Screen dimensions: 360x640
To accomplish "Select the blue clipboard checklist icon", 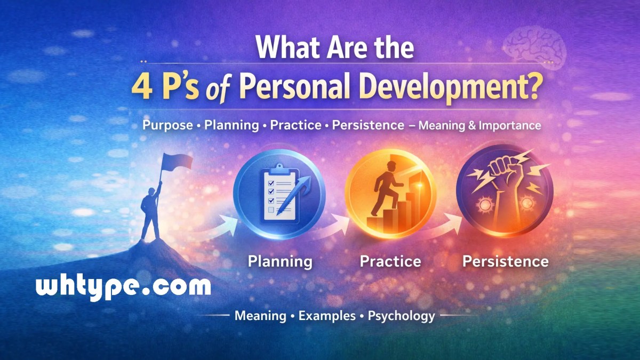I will tap(279, 192).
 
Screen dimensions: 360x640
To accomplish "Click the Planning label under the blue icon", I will tap(280, 261).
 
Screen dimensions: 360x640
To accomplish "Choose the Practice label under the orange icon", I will tap(390, 261).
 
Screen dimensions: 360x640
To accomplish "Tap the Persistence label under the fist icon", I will tap(505, 261).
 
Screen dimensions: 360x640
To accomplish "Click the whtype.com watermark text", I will tap(123, 288).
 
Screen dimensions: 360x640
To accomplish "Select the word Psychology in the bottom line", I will tap(401, 316).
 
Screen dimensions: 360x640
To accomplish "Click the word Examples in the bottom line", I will tap(327, 316).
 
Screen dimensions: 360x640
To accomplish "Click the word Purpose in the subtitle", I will tap(167, 125).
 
